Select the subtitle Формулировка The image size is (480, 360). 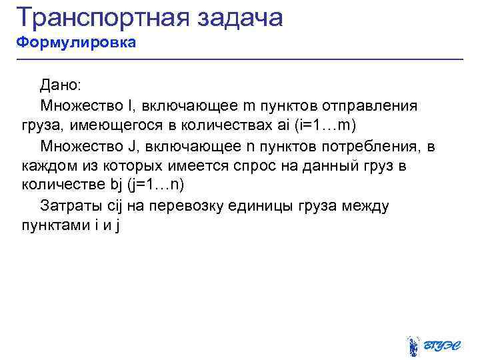click(76, 43)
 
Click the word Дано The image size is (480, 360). click(59, 85)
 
